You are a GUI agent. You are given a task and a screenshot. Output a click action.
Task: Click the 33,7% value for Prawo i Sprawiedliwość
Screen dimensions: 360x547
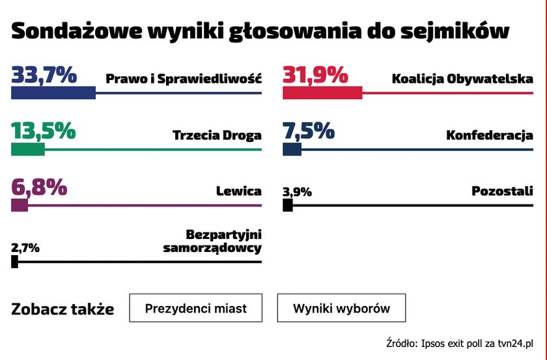pos(44,76)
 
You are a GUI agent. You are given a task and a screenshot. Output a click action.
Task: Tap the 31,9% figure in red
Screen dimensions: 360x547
pos(315,76)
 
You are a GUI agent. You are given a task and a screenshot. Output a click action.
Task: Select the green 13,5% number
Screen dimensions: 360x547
pos(43,132)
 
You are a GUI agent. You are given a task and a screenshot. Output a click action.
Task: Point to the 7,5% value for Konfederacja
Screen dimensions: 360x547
pos(309,132)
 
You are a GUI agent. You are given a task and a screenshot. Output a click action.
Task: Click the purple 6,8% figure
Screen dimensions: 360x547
pos(39,187)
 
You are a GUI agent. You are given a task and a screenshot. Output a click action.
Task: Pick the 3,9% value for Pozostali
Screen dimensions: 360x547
pos(297,191)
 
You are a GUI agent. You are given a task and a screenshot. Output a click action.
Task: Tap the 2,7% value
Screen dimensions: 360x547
pos(25,247)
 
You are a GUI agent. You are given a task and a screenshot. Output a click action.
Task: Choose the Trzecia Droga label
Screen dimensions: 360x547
pos(217,136)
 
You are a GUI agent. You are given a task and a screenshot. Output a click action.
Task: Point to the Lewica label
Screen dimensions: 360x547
pos(238,191)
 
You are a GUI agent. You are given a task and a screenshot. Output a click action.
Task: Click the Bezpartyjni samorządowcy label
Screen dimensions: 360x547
pos(214,241)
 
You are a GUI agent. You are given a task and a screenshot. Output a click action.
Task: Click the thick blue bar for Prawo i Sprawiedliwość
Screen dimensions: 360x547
pos(53,94)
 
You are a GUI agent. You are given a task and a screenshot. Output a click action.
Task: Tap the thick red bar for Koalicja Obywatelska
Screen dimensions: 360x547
pos(322,94)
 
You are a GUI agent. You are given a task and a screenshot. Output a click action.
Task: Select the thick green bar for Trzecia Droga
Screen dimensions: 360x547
pos(28,150)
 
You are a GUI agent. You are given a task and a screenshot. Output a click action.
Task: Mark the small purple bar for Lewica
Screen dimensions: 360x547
pos(20,206)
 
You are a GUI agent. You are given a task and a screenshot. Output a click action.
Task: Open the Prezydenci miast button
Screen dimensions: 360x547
pos(196,308)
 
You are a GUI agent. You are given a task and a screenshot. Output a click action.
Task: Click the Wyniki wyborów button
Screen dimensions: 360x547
pos(341,308)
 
